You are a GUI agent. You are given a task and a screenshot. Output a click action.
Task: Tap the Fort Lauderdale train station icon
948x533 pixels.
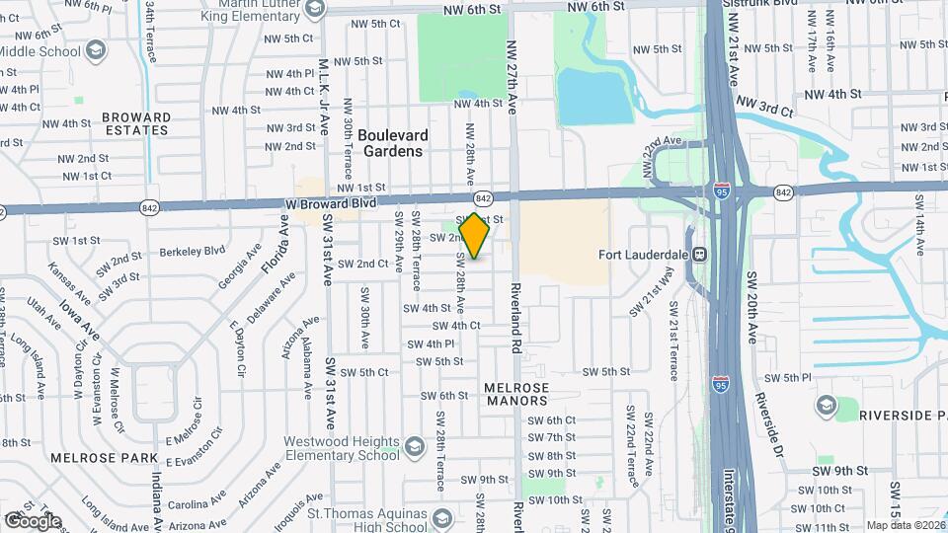700,254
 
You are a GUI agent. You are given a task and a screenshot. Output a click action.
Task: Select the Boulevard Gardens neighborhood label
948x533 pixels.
392,143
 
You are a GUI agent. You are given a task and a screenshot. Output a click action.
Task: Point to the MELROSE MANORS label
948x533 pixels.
516,394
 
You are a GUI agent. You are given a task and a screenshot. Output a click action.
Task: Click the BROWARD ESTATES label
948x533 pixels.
136,122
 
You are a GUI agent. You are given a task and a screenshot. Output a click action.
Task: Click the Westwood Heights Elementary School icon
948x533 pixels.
414,448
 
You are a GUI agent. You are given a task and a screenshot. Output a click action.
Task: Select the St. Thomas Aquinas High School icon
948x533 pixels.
443,517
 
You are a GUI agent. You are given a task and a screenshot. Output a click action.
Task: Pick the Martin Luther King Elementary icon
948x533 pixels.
315,10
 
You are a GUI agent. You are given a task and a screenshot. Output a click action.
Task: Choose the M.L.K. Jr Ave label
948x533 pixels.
323,85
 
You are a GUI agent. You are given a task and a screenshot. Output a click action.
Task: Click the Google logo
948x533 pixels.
33,520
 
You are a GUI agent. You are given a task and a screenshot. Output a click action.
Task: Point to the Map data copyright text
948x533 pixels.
906,525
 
